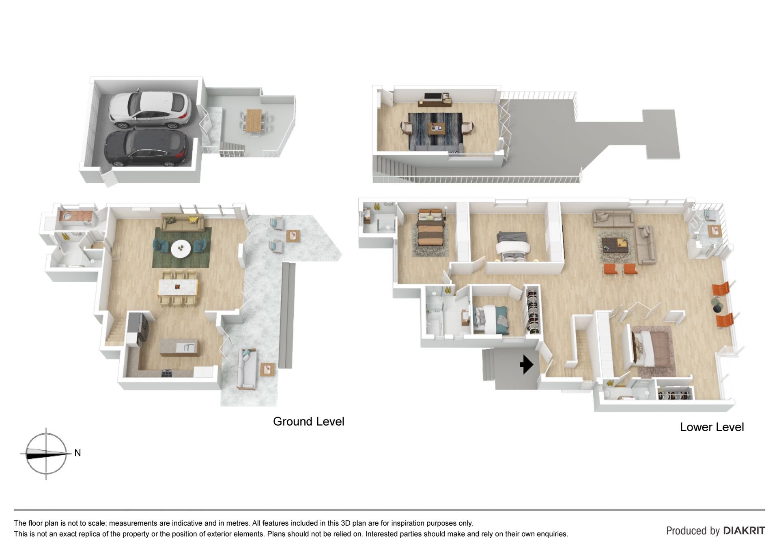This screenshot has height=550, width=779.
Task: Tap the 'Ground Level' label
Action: click(x=308, y=422)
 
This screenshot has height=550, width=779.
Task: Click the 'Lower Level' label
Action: click(x=712, y=427)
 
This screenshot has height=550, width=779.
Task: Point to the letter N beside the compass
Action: click(x=77, y=453)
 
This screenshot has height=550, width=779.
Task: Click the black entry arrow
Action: click(x=527, y=364)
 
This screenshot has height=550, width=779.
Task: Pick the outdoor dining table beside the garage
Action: click(x=254, y=120)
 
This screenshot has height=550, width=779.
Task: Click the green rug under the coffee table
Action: click(x=182, y=247)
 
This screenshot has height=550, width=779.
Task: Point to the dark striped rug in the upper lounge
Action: click(x=435, y=131)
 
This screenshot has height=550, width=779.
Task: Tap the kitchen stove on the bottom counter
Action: click(x=167, y=373)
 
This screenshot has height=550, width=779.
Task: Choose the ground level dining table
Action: click(x=178, y=287)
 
